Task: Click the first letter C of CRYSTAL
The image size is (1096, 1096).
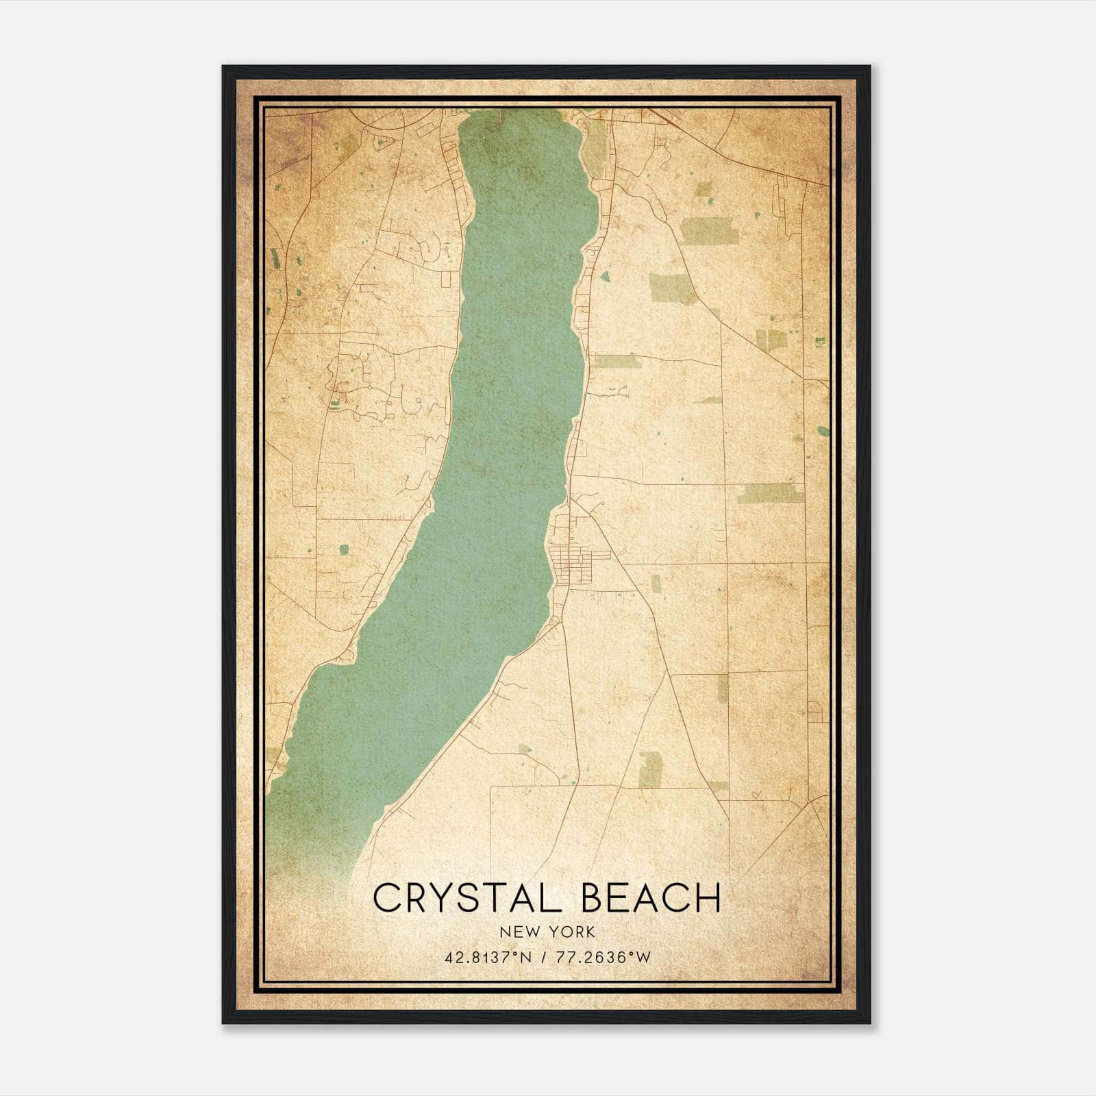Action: (x=386, y=898)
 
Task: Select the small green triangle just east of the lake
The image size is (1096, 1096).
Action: (x=605, y=276)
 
